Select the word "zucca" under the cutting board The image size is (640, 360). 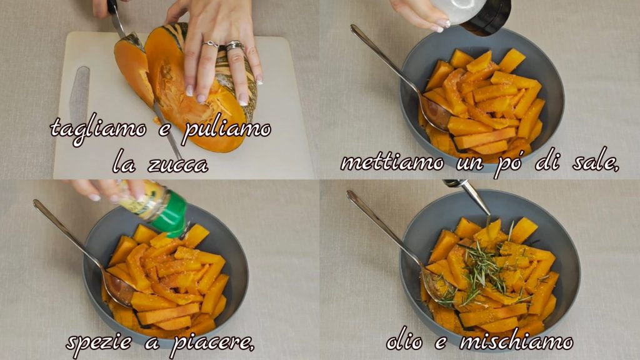click(178, 164)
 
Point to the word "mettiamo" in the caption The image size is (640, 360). click(392, 163)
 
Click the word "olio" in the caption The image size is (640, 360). click(404, 341)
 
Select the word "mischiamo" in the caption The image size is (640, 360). click(516, 341)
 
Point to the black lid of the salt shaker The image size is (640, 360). click(487, 16)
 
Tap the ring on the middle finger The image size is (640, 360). click(234, 46)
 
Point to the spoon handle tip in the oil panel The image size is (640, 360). click(349, 194)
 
